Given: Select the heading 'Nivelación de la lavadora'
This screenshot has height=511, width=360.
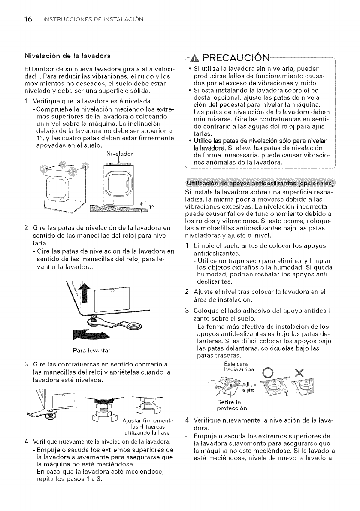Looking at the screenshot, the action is coord(68,56).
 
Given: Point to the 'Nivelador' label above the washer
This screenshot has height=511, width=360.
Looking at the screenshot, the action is coord(120,154).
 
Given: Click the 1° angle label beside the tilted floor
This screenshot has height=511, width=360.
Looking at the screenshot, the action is coord(151,207).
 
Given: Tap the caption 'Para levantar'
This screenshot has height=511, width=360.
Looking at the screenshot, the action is coord(92,351).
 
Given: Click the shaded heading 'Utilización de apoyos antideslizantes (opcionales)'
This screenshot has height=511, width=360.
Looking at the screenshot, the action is coord(260,182).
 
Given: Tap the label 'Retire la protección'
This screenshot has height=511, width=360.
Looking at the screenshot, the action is coord(232,405).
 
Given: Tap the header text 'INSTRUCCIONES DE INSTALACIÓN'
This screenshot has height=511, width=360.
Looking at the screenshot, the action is coord(93,20).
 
